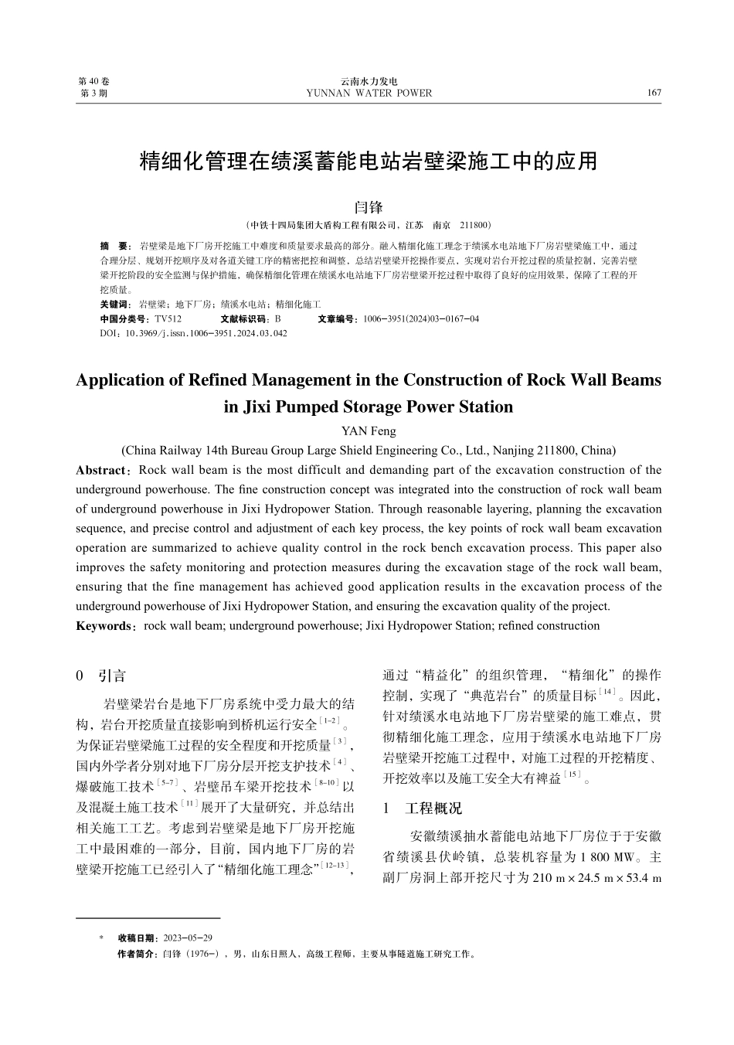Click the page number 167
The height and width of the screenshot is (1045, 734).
(x=654, y=93)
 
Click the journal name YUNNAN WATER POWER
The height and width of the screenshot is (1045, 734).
(x=369, y=93)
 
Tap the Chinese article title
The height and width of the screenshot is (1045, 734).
(x=368, y=161)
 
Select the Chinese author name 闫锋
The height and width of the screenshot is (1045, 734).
(x=368, y=208)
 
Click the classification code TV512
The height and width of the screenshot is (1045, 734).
(x=168, y=318)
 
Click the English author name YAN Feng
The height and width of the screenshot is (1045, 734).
(x=369, y=431)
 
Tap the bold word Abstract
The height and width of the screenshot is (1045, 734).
(x=100, y=470)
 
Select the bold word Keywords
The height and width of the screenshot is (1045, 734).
(x=104, y=626)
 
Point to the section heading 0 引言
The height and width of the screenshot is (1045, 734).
(x=101, y=676)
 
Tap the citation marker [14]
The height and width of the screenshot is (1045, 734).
(x=608, y=691)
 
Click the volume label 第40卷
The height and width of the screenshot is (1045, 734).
(x=94, y=81)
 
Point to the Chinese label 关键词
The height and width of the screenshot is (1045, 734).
(x=116, y=305)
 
